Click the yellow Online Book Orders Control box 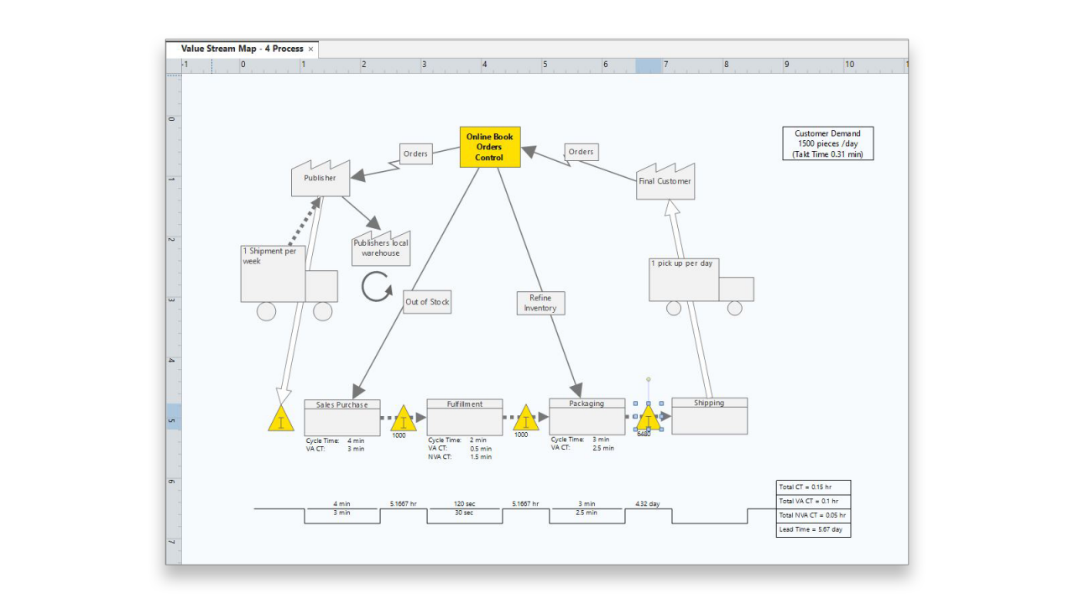490,148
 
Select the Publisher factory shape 321,180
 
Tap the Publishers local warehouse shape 381,249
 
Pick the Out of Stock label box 427,302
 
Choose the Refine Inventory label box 540,303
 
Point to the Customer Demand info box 827,143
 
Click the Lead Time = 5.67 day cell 813,529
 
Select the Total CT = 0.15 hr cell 813,487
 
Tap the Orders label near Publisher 415,154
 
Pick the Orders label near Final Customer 581,152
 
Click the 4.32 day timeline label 647,504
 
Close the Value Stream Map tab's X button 310,49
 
